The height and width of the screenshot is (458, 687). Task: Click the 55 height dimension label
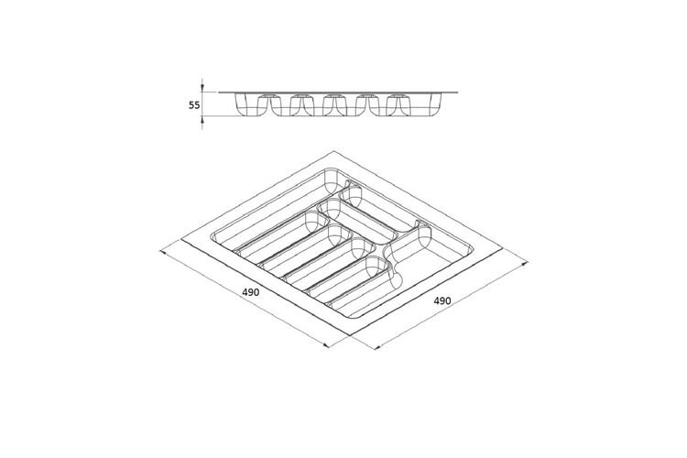coord(194,105)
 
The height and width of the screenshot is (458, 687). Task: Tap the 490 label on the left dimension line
coord(251,292)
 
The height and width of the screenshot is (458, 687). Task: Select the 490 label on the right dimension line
coord(442,300)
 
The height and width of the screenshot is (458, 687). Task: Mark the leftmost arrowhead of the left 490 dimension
coord(163,252)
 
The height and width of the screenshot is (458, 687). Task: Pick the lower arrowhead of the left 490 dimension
coord(325,345)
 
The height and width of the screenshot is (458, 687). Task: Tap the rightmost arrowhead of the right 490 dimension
coord(524,264)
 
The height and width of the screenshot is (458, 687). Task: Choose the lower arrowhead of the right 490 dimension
coord(377,347)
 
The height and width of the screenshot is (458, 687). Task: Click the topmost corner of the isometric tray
coord(334,151)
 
